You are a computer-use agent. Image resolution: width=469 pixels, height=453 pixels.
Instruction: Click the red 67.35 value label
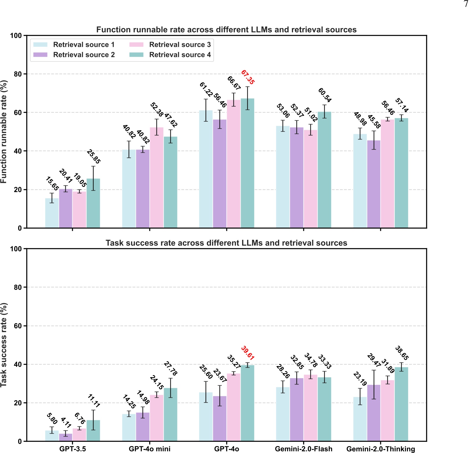point(247,77)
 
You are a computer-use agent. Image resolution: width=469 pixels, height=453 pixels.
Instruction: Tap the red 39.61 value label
point(247,353)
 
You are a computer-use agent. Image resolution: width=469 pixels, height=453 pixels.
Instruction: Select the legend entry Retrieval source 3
point(180,45)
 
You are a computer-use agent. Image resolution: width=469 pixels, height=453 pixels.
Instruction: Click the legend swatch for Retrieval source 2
point(40,55)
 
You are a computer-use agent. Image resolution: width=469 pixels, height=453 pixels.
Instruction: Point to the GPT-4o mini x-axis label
point(149,449)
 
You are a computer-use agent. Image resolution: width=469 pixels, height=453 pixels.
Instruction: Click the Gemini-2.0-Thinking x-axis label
point(380,449)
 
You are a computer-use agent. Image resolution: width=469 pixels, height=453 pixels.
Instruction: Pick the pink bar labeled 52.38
point(157,178)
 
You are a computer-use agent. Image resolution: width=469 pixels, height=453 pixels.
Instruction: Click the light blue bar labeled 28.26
point(283,414)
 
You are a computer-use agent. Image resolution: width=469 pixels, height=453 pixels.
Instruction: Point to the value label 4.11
point(66,423)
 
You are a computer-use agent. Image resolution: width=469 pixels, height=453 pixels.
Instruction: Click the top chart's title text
point(226,30)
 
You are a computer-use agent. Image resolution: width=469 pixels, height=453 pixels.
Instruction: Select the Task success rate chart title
point(226,243)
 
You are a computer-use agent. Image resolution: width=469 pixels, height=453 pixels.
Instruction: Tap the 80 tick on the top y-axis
point(18,74)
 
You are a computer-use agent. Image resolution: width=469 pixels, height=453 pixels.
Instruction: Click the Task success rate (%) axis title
point(3,345)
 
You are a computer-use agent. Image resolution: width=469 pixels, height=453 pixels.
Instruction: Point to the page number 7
point(465,4)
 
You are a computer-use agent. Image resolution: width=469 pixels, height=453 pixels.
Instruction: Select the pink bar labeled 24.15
point(157,418)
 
